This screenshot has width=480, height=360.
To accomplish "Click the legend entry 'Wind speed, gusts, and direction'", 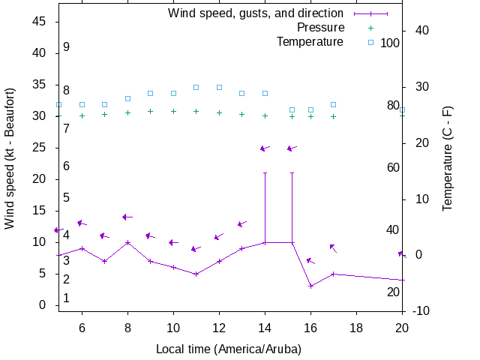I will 256,13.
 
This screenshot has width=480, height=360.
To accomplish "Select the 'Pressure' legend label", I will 320,28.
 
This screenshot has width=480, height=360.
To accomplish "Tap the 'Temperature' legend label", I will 310,42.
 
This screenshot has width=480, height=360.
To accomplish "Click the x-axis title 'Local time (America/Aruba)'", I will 229,349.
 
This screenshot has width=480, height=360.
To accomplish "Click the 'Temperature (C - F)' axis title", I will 448,157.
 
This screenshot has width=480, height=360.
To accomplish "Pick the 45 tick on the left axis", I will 41,22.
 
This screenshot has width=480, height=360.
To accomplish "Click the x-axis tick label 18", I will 356,327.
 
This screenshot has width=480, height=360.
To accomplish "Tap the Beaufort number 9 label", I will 66,46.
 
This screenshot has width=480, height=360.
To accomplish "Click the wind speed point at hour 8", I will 127,242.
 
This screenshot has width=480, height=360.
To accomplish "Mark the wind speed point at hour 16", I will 310,286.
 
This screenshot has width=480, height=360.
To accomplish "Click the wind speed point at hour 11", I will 196,274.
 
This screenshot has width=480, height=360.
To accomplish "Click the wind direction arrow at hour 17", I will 333,248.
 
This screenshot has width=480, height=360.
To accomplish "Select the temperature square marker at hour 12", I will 219,87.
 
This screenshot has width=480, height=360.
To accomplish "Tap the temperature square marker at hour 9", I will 150,93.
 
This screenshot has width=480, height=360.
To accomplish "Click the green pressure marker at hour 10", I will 173,111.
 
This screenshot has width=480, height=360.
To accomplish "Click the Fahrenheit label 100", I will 390,43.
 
